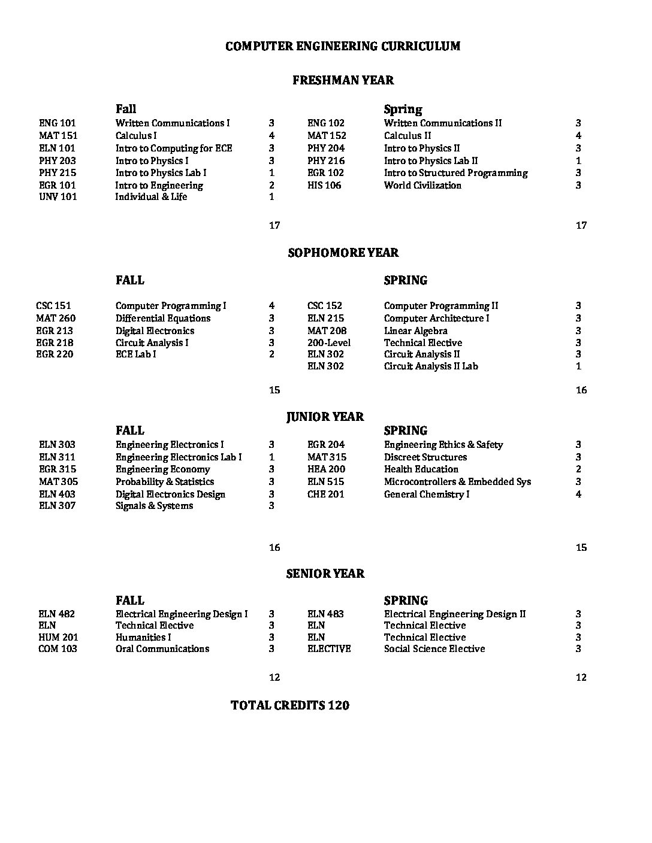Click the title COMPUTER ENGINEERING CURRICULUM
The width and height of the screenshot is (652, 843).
pyautogui.click(x=343, y=46)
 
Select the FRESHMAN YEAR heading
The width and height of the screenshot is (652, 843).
pyautogui.click(x=343, y=80)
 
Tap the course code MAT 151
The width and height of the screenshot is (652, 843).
pyautogui.click(x=58, y=136)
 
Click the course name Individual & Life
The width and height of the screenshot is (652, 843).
pyautogui.click(x=151, y=197)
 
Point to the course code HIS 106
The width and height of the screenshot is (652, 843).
pyautogui.click(x=324, y=186)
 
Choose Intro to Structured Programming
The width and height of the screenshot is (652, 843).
pyautogui.click(x=455, y=173)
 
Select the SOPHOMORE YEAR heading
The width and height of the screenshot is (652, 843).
pyautogui.click(x=343, y=253)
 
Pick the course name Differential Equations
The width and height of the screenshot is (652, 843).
pyautogui.click(x=163, y=319)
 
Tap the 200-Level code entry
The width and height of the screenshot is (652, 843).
pyautogui.click(x=329, y=343)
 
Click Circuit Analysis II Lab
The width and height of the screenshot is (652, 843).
pyautogui.click(x=431, y=366)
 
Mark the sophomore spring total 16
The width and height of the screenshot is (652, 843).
pyautogui.click(x=581, y=390)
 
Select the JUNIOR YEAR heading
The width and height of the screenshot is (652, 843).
pyautogui.click(x=325, y=417)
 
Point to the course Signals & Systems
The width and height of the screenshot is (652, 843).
pyautogui.click(x=154, y=506)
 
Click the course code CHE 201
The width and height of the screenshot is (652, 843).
pyautogui.click(x=325, y=495)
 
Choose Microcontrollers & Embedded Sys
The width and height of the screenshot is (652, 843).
pyautogui.click(x=457, y=482)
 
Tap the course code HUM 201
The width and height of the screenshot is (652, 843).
pyautogui.click(x=58, y=638)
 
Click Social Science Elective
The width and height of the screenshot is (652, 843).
pyautogui.click(x=434, y=649)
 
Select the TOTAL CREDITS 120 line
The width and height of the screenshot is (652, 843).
pyautogui.click(x=289, y=706)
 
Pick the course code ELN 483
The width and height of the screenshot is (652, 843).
pyautogui.click(x=325, y=614)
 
